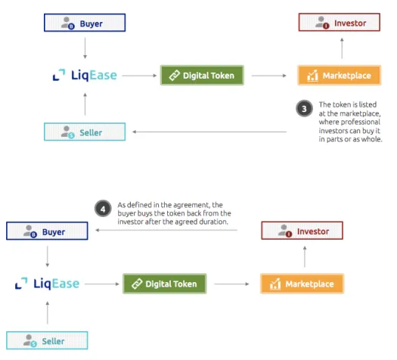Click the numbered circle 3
pos(304,109)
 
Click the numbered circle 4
pos(103,209)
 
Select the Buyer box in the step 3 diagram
pos(85,23)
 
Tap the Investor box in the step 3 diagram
pos(340,22)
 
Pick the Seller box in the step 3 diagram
pos(85,132)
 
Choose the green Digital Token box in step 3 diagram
pos(202,75)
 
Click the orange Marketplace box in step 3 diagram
pos(340,75)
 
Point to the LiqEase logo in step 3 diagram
pos(85,75)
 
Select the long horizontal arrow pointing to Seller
pos(209,132)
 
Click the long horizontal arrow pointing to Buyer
pos(166,230)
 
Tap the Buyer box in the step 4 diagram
pos(47,231)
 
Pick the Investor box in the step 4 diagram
pos(302,231)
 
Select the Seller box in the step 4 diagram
pos(47,340)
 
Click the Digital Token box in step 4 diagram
pos(165,284)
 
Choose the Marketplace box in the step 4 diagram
pos(302,284)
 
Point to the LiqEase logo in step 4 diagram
pos(48,284)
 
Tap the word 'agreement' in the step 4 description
pos(188,205)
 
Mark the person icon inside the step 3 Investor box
pos(322,23)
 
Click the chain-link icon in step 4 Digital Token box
pos(137,284)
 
